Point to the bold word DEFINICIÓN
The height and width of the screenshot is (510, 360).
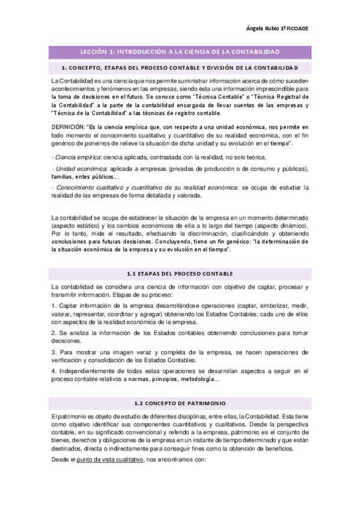coord(68,128)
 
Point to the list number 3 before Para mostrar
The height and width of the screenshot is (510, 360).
coord(53,352)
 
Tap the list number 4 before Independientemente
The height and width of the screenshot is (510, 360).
coord(53,371)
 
